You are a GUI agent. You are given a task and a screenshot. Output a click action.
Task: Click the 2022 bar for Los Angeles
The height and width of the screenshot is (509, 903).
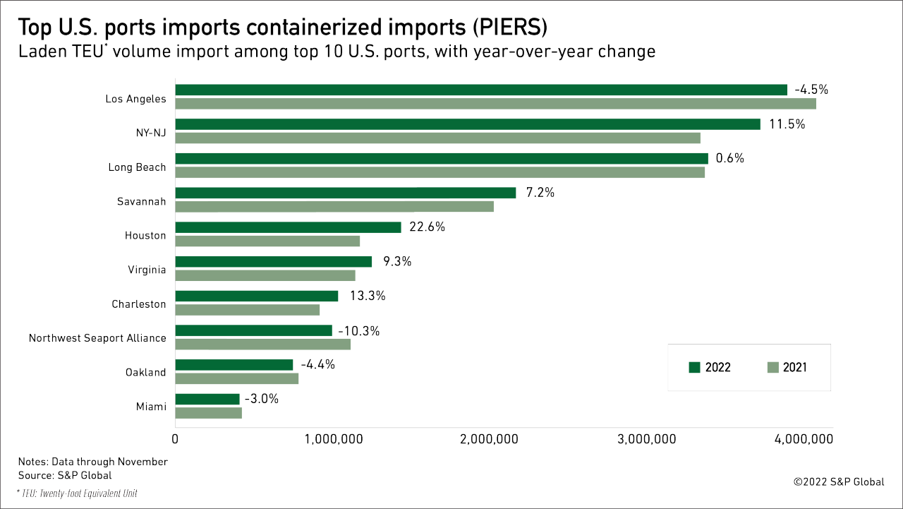[x=481, y=90]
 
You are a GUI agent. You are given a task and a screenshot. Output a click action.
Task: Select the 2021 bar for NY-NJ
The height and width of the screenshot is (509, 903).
[x=437, y=138]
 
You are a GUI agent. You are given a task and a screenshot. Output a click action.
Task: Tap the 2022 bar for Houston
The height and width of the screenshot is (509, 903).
[x=288, y=227]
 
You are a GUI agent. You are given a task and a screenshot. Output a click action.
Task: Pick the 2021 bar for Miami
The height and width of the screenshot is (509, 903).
[x=208, y=413]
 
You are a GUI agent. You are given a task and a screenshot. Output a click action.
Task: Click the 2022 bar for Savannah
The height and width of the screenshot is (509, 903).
[x=346, y=193]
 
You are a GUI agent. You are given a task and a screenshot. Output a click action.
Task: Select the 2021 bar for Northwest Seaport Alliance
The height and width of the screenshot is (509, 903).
[x=262, y=345]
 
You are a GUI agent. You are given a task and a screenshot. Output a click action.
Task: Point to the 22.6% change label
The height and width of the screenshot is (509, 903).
[x=428, y=227]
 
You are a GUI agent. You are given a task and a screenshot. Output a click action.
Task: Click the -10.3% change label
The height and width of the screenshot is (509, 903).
[x=358, y=330]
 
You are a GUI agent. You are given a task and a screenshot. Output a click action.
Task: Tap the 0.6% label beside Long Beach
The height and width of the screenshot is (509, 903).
[x=729, y=158]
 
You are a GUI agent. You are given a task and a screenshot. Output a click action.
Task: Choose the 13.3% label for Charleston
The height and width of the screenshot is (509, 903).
[x=368, y=296]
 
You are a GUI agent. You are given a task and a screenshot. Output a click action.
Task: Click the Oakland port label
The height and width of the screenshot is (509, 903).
[x=145, y=372]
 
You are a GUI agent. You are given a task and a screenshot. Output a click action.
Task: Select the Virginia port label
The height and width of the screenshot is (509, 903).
[x=146, y=269]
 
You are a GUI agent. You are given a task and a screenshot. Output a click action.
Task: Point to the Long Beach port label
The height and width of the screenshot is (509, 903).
[x=137, y=167]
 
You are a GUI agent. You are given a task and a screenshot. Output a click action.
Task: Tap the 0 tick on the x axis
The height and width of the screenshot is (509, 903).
[x=175, y=439]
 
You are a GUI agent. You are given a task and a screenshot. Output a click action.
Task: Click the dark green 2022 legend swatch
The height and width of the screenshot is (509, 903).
[x=694, y=367]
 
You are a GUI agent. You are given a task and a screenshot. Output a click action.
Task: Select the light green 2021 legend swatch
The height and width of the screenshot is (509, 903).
[x=771, y=367]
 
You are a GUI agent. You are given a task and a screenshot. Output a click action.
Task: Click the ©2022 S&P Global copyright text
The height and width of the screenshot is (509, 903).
[x=838, y=482]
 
